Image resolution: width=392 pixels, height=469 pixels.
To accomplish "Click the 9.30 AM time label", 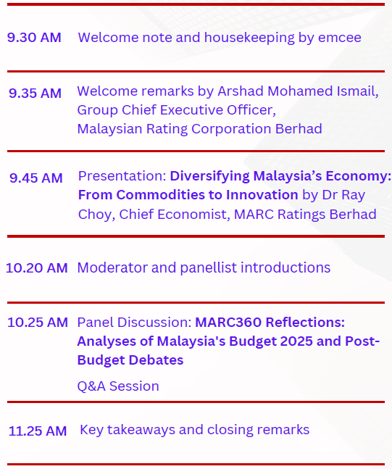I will click(34, 37).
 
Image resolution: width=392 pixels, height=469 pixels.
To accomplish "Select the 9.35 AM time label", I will click(35, 93).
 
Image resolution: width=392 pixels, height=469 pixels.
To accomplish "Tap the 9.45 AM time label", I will click(36, 178).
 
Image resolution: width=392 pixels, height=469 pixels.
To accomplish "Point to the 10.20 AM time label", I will click(36, 267).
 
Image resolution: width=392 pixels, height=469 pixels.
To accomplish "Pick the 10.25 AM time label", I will click(38, 322).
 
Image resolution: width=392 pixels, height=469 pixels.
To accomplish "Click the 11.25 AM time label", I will click(38, 431).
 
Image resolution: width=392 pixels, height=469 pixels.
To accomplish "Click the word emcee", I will click(340, 37).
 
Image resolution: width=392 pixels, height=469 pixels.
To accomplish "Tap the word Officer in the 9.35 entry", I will click(249, 110).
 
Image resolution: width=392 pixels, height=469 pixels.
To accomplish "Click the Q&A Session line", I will click(118, 386).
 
